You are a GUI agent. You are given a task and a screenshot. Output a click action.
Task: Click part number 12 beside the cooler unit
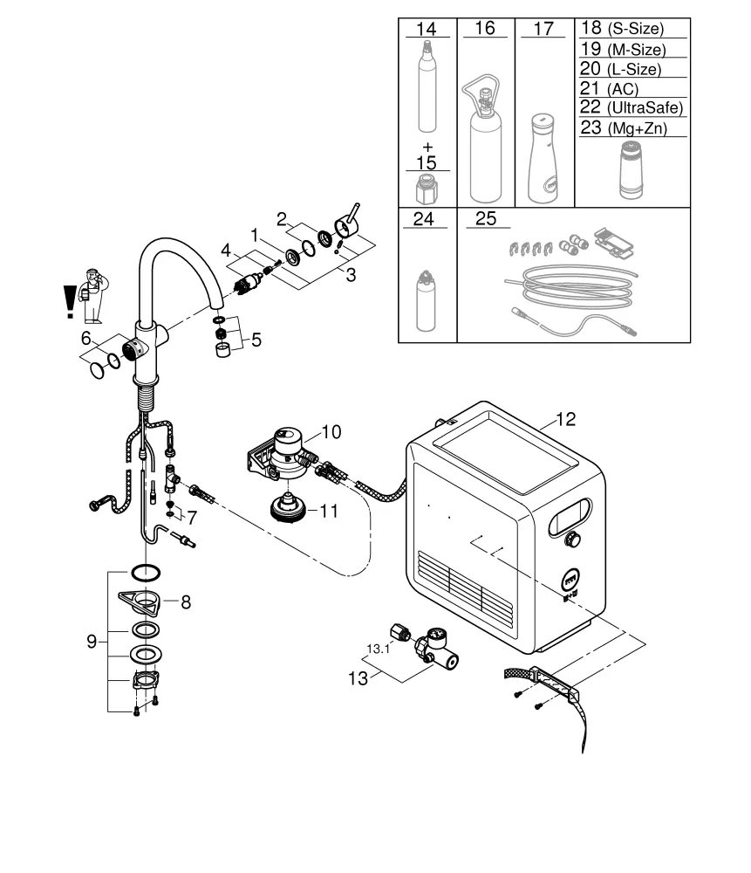[x=565, y=419]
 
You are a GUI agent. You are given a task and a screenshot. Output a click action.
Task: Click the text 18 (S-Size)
[x=622, y=29]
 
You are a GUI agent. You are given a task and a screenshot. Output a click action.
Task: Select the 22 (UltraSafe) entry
[x=632, y=107]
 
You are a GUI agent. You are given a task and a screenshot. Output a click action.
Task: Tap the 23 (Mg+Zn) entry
[x=622, y=127]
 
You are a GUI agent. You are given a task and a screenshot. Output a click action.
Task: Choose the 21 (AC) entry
[x=610, y=88]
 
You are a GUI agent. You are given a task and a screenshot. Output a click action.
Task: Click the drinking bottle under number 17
[x=543, y=157]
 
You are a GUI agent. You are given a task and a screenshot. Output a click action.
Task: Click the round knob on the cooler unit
[x=573, y=539]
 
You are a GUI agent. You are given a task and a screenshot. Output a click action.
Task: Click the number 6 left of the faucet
[x=85, y=337]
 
